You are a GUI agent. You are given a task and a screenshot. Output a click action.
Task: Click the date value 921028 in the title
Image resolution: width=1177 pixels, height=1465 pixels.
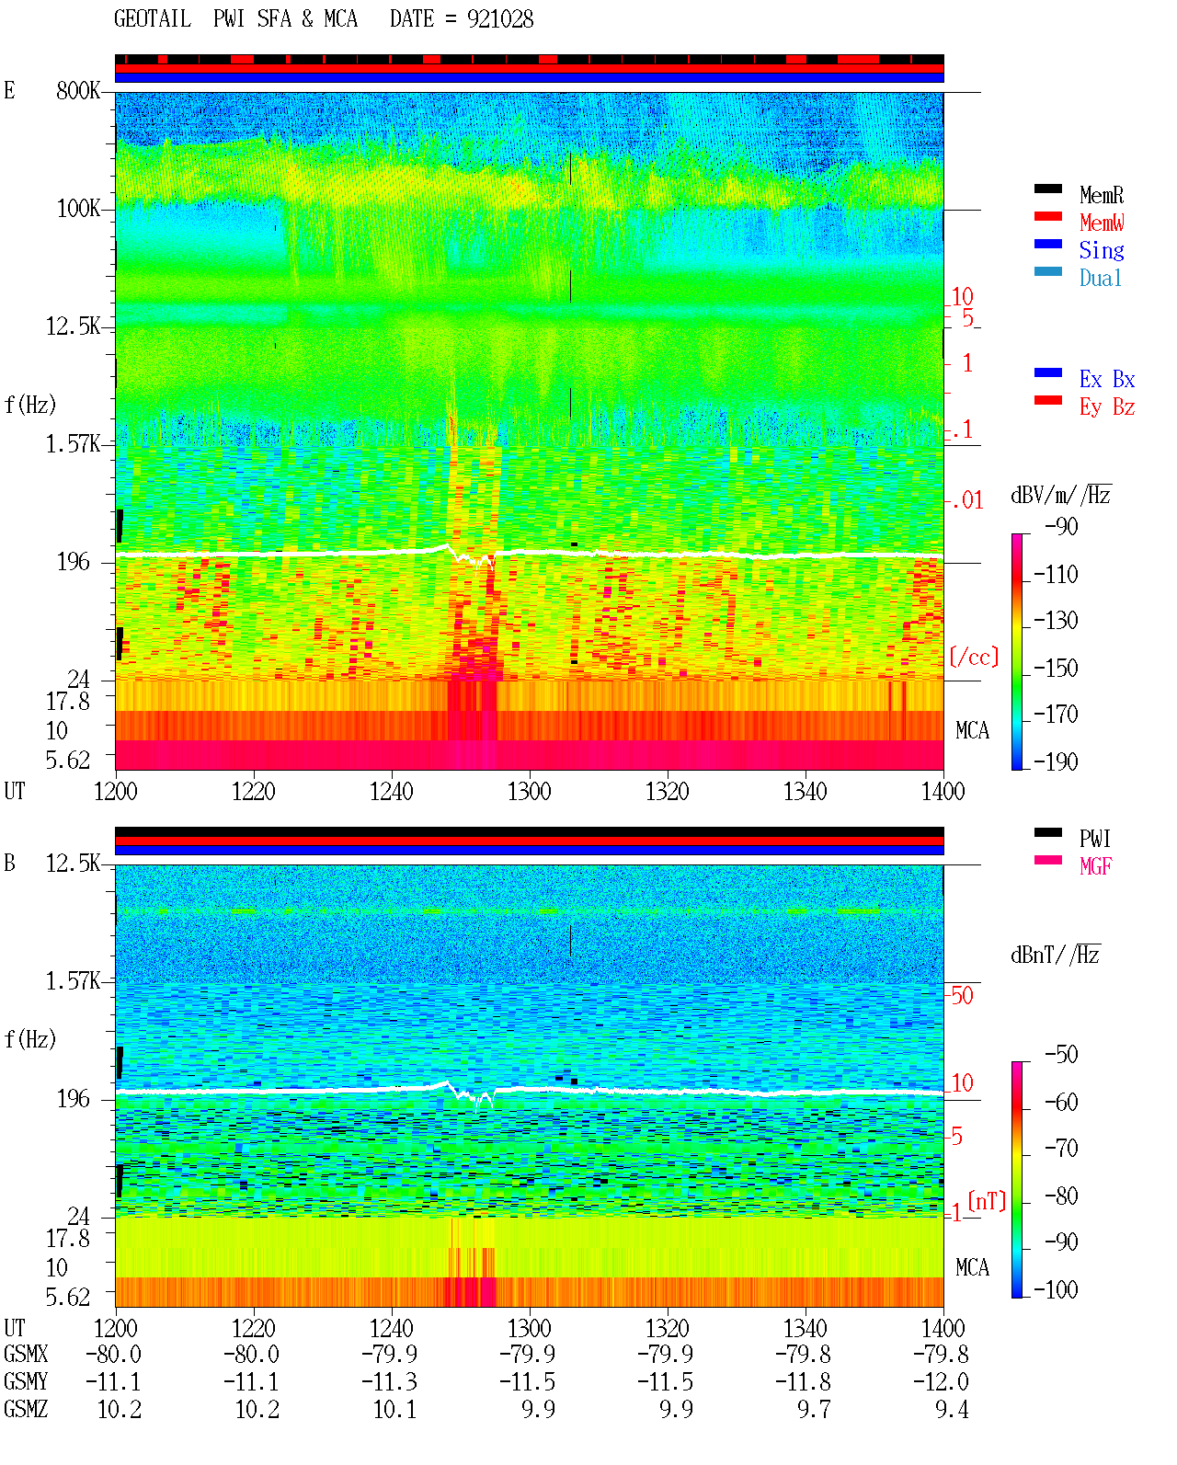click(x=499, y=19)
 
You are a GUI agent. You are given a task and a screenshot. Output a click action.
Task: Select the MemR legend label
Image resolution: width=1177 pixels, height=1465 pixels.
click(x=1101, y=195)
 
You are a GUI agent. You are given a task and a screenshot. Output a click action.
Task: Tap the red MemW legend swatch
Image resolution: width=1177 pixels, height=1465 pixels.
click(x=1047, y=216)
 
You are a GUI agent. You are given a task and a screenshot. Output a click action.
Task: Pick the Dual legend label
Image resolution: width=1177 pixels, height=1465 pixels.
click(x=1100, y=278)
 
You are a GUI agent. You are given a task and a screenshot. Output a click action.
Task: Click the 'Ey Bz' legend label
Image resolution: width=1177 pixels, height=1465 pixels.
click(x=1106, y=406)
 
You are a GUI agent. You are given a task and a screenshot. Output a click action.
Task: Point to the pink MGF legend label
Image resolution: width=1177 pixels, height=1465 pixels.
click(x=1095, y=866)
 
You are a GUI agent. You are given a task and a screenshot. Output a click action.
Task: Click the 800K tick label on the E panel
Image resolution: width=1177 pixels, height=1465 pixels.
click(x=78, y=90)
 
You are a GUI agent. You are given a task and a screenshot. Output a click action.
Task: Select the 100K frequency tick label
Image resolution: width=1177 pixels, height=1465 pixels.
click(x=78, y=209)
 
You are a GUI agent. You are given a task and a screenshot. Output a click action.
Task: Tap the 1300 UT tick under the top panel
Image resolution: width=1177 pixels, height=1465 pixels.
click(x=529, y=791)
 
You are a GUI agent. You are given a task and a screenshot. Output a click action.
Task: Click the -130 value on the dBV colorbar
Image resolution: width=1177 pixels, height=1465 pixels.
click(x=1056, y=621)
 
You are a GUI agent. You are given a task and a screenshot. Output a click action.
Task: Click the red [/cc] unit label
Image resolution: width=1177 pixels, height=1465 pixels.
click(x=974, y=657)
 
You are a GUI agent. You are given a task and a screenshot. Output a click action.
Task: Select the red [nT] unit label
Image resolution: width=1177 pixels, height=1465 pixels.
click(x=987, y=1200)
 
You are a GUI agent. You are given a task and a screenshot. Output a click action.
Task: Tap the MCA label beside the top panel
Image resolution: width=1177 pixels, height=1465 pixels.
click(x=972, y=730)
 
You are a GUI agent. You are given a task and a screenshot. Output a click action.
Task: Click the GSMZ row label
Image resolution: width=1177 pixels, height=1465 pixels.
click(x=26, y=1409)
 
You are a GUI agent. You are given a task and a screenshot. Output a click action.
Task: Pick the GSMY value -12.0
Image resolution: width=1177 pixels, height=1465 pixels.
click(x=940, y=1381)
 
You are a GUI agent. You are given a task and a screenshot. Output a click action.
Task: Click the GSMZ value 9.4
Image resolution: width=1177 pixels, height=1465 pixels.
click(x=951, y=1409)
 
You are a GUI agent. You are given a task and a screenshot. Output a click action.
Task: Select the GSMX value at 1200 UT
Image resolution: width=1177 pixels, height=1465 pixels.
click(x=113, y=1354)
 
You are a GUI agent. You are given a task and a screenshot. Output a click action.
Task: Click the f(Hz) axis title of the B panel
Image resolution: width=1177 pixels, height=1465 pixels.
click(x=30, y=1039)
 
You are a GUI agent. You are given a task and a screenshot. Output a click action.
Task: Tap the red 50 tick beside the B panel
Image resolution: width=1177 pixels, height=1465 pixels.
click(x=961, y=995)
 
